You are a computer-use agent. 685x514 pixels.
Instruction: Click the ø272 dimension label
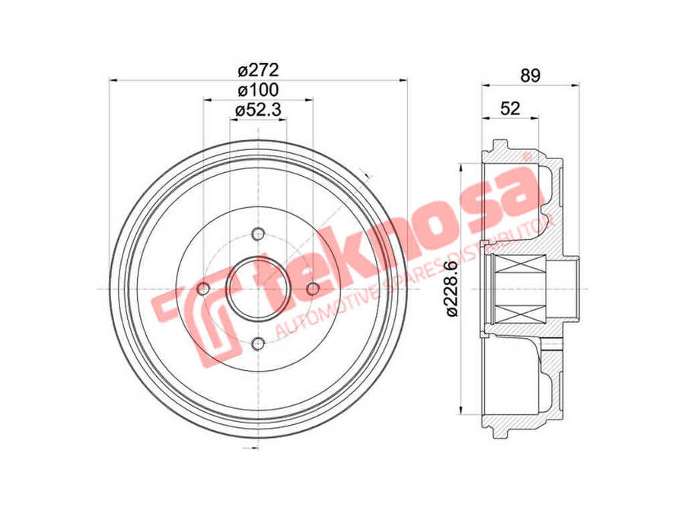(259, 70)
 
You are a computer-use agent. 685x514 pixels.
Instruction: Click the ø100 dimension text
(259, 90)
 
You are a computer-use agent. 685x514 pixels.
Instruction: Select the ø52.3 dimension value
(259, 110)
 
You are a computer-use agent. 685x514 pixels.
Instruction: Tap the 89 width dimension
(530, 75)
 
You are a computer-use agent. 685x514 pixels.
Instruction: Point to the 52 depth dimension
(510, 109)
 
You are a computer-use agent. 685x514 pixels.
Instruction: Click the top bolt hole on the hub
(258, 234)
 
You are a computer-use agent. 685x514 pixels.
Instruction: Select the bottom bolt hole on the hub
(258, 343)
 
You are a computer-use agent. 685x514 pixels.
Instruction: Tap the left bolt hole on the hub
(203, 289)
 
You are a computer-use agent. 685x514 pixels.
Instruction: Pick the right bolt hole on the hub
(313, 289)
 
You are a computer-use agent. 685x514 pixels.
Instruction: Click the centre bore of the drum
(258, 289)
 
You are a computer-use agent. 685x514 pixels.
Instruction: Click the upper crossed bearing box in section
(521, 267)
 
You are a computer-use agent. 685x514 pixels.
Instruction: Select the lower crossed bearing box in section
(521, 311)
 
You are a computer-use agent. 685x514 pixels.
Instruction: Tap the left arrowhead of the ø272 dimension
(113, 78)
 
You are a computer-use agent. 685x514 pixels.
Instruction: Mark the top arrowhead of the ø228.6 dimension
(464, 167)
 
